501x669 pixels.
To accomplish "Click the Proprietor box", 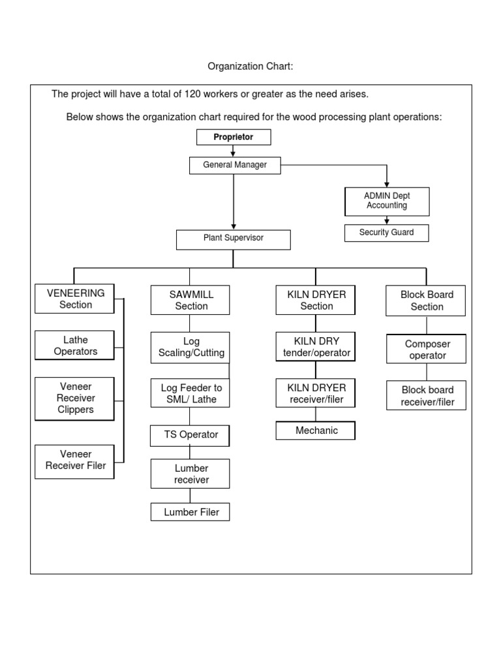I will [x=234, y=137].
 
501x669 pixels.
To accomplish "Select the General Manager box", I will [x=235, y=165].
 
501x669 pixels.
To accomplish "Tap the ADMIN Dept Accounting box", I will [x=387, y=201].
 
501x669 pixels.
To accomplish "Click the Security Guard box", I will [x=387, y=233].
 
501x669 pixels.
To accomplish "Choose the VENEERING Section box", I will [x=75, y=299].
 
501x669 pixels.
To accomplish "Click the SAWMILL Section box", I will [x=190, y=301].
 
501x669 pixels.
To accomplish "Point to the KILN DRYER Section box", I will [x=316, y=301].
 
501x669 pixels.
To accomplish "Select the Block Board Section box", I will [x=426, y=301].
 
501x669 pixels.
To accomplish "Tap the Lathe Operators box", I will [x=75, y=346].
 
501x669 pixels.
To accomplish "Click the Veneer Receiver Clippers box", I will [x=75, y=398].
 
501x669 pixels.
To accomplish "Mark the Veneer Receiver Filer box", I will [x=75, y=460].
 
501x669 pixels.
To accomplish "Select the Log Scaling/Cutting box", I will [x=190, y=347].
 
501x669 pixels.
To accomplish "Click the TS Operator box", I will [x=190, y=435].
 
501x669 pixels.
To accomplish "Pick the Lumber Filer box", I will [x=190, y=512].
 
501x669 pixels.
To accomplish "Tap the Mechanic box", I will [x=316, y=431].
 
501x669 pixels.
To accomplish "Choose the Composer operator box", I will [x=426, y=350].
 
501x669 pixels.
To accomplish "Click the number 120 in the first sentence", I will [x=192, y=94].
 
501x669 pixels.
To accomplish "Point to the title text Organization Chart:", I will [x=251, y=66].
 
